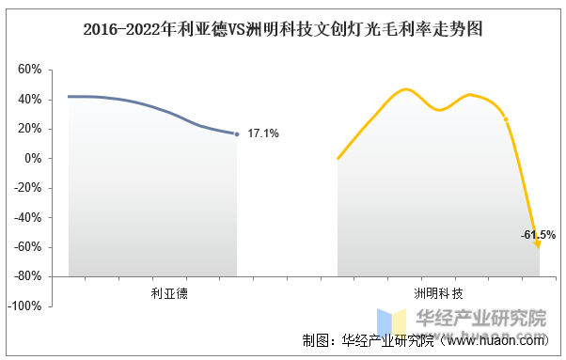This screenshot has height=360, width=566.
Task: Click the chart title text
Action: click(283, 29)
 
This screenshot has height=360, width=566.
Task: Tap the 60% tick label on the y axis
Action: click(29, 69)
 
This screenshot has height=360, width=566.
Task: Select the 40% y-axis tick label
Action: click(29, 99)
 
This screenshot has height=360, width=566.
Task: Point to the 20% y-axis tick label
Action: click(29, 129)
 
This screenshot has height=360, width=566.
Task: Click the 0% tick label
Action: click(33, 158)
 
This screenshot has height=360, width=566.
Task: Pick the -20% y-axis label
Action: click(28, 188)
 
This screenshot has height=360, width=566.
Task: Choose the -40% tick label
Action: click(28, 217)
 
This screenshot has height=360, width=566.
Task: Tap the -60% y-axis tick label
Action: click(28, 247)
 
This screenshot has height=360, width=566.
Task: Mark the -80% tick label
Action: click(28, 276)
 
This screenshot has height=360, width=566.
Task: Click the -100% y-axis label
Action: click(24, 305)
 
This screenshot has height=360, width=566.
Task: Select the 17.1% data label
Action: click(263, 133)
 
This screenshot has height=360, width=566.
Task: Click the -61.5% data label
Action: click(538, 235)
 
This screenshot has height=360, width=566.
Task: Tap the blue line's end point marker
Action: click(237, 134)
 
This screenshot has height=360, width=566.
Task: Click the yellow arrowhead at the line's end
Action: click(537, 245)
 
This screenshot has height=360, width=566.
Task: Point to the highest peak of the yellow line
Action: click(406, 89)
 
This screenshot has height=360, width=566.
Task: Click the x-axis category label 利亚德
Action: click(169, 293)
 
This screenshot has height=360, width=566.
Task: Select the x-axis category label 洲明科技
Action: click(438, 293)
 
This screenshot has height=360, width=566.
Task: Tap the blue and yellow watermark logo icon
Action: click(392, 321)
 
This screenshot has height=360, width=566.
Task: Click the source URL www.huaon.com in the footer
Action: click(495, 340)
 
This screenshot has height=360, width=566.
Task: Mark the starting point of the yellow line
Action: click(338, 158)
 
